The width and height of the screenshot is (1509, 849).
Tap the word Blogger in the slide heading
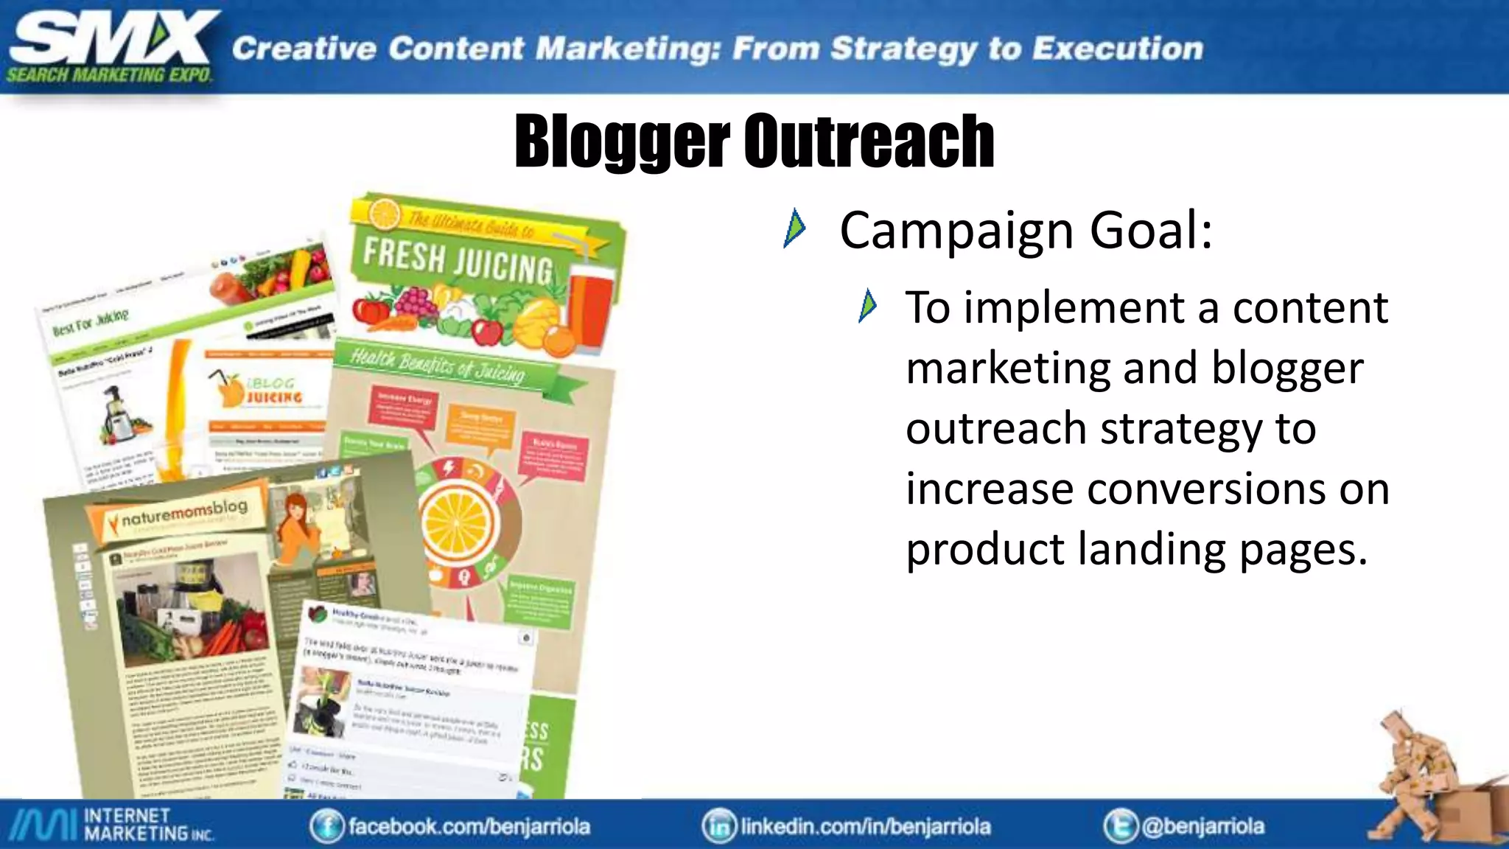click(x=621, y=141)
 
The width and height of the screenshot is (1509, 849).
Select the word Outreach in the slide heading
click(x=869, y=141)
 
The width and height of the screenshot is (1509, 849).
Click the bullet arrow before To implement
click(x=868, y=306)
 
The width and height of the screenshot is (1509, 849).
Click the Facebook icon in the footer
click(x=326, y=826)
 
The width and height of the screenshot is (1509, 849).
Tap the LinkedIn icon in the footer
click(x=719, y=826)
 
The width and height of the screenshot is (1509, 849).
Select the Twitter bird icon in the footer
click(x=1120, y=826)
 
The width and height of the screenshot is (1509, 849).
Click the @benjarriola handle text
click(x=1202, y=826)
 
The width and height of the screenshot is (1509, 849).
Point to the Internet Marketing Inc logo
click(x=111, y=825)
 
